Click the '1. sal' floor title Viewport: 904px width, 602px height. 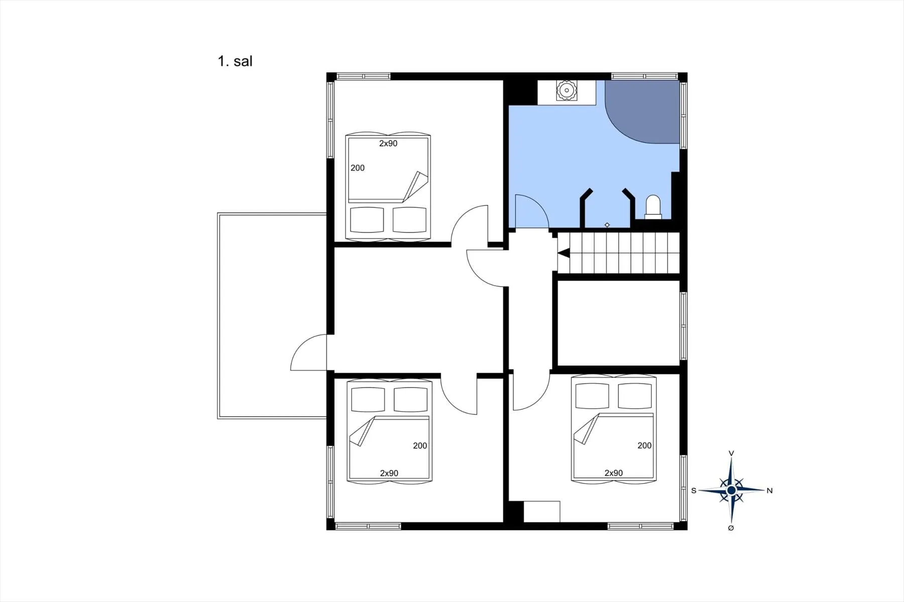click(x=235, y=61)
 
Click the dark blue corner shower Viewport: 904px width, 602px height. click(x=642, y=111)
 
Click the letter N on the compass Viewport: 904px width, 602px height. click(x=769, y=491)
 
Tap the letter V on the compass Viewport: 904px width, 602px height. click(x=731, y=453)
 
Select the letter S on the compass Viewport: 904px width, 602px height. click(x=694, y=491)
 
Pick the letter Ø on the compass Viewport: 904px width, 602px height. click(x=731, y=528)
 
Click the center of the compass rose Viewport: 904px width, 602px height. click(x=731, y=490)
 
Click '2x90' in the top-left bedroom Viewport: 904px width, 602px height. click(x=388, y=144)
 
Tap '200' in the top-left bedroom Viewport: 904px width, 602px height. click(x=358, y=168)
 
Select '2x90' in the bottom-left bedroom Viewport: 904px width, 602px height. click(x=389, y=473)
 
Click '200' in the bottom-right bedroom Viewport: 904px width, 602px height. click(x=644, y=445)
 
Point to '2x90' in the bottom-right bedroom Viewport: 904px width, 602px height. click(x=614, y=473)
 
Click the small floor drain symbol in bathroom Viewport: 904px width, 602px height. click(x=607, y=224)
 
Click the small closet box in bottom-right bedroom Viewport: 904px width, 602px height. click(x=542, y=512)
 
